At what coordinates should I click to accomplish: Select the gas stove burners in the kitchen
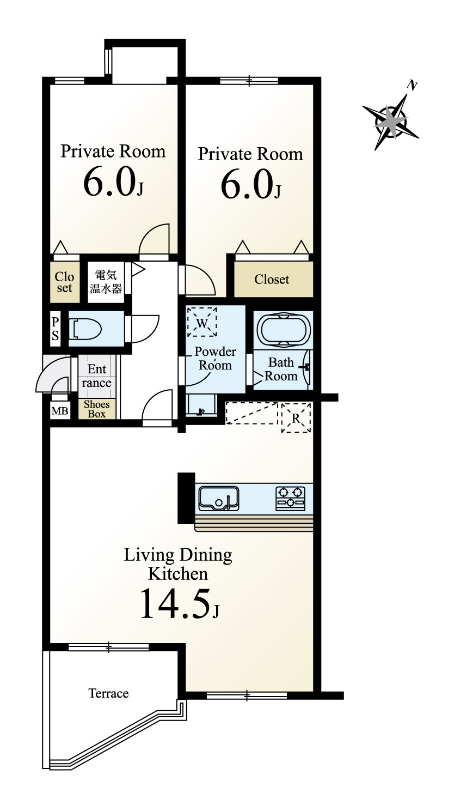click(x=291, y=498)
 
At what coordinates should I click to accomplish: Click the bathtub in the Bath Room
click(x=283, y=329)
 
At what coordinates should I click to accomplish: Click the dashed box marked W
click(x=202, y=323)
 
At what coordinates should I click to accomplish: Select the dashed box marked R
click(x=296, y=417)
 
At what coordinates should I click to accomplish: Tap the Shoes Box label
click(x=97, y=409)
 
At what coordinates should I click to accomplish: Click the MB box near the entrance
click(x=60, y=411)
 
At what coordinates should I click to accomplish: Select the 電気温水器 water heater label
click(x=106, y=282)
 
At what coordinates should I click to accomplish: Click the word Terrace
click(x=109, y=693)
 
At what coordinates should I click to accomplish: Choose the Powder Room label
click(x=215, y=358)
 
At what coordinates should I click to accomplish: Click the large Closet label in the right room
click(x=272, y=280)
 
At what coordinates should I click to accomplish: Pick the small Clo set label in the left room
click(x=64, y=282)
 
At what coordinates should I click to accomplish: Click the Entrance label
click(x=97, y=376)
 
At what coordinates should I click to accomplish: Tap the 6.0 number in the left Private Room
click(x=109, y=183)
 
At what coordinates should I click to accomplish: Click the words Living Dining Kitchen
click(x=178, y=564)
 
